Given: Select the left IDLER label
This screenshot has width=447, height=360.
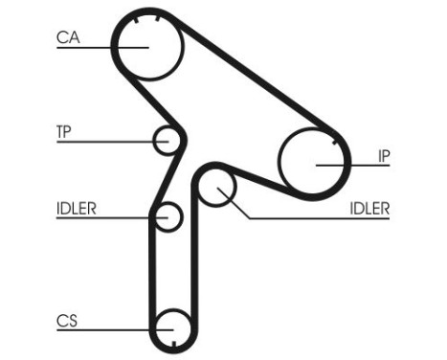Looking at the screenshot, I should pyautogui.click(x=76, y=207).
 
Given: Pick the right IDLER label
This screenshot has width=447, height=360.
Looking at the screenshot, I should pyautogui.click(x=369, y=207).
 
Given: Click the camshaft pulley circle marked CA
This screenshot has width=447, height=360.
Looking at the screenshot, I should pyautogui.click(x=147, y=43).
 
